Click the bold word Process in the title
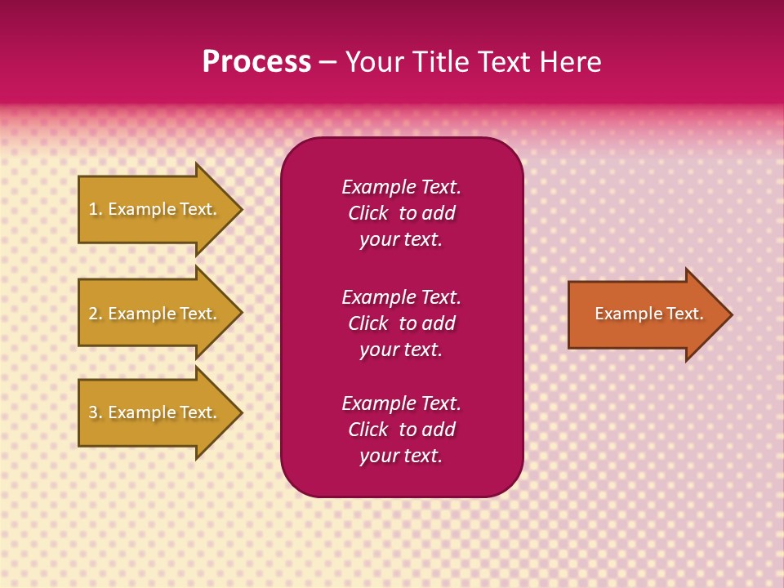[x=256, y=62]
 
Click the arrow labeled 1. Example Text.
[x=153, y=209]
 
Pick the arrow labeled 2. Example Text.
[x=153, y=314]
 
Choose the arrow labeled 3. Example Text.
[x=153, y=412]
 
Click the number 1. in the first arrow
[x=96, y=209]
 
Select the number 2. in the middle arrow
[x=96, y=314]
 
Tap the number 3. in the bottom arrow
[x=96, y=412]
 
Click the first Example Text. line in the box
[x=401, y=187]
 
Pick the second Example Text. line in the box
[x=401, y=296]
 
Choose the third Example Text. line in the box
[x=401, y=403]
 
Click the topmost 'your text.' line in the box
[x=401, y=240]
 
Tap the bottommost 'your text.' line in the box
[x=401, y=456]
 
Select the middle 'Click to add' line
[x=401, y=323]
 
